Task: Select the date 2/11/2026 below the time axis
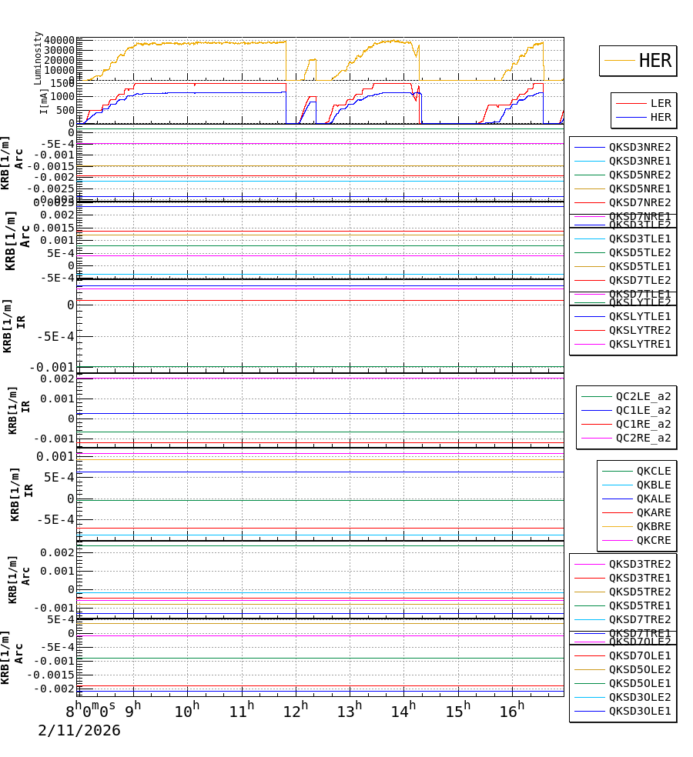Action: point(79,731)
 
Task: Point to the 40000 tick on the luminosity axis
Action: point(59,41)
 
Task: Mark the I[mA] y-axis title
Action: point(44,100)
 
